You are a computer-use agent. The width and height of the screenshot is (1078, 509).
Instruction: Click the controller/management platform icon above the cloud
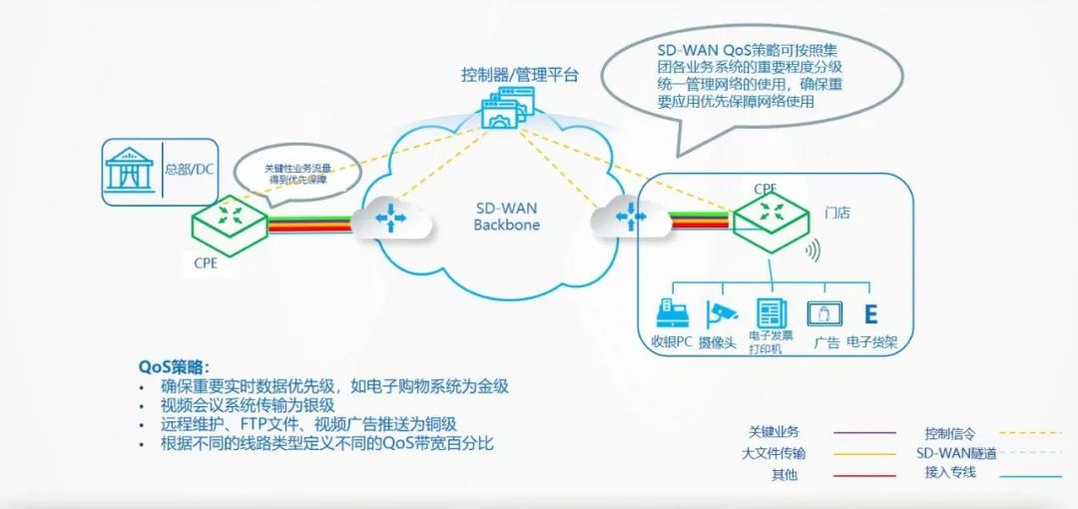508,107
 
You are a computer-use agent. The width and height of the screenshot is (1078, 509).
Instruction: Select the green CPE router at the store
771,216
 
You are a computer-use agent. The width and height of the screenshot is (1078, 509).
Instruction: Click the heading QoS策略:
176,366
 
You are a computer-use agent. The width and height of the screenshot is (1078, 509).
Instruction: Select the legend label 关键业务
774,432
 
